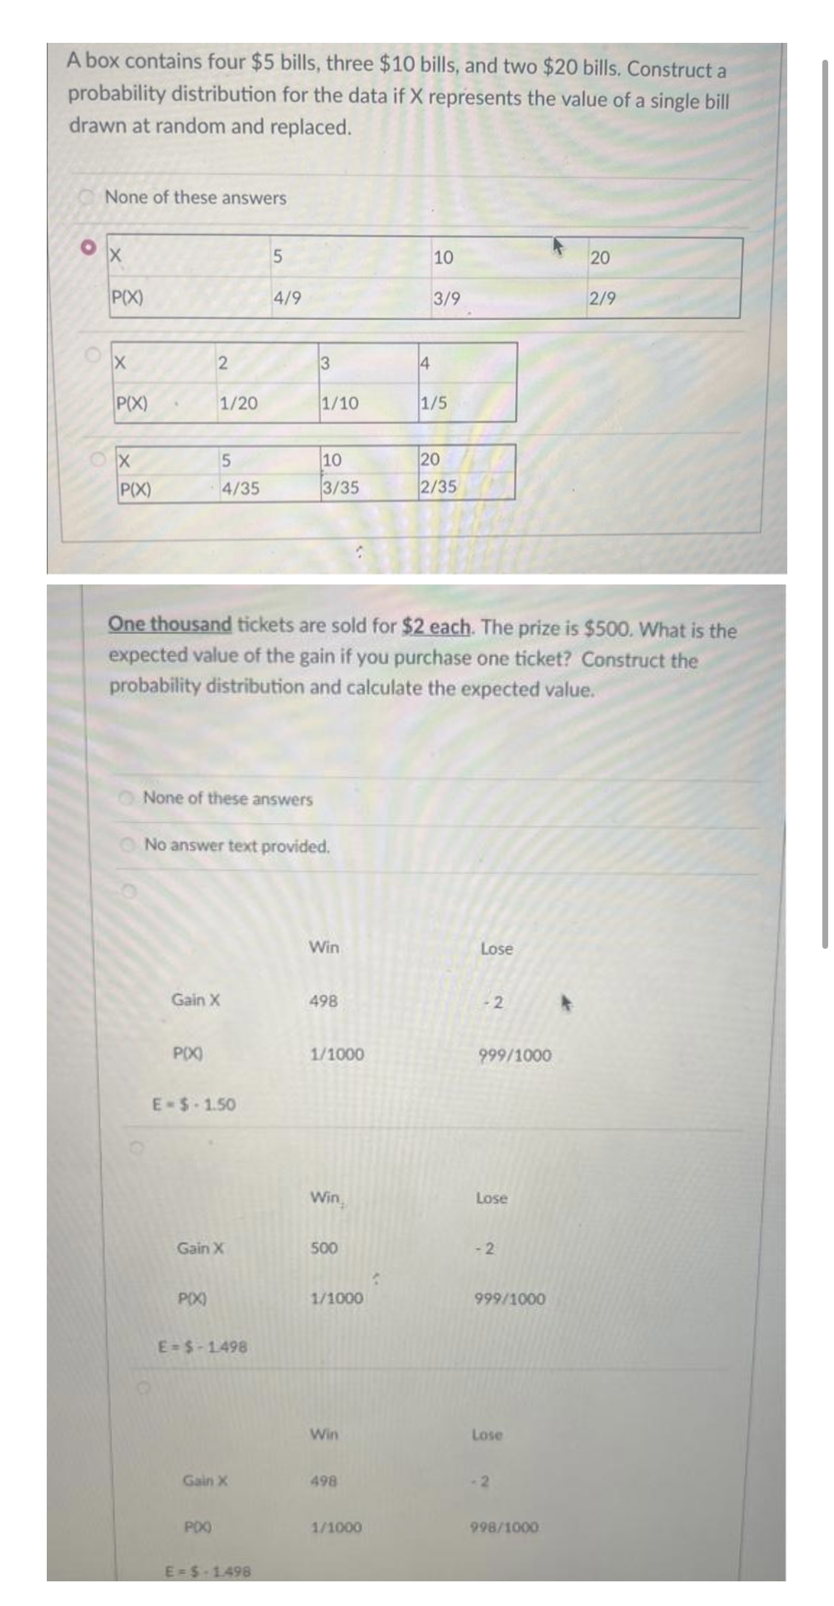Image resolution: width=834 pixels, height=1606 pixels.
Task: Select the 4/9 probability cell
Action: click(286, 297)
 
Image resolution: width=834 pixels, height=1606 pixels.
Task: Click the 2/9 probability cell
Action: click(602, 298)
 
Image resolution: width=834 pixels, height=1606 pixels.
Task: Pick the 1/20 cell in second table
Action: click(238, 403)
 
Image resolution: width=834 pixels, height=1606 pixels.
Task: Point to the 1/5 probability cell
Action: click(433, 403)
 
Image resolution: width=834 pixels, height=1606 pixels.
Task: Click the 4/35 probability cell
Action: click(240, 488)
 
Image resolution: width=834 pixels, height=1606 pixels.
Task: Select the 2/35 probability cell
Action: click(438, 486)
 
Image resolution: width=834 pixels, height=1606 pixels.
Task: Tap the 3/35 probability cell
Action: click(340, 487)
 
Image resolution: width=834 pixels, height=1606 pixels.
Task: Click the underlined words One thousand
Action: click(170, 624)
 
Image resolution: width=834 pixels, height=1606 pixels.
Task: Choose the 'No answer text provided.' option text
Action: click(237, 846)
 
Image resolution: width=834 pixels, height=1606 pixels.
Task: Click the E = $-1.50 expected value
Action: click(194, 1104)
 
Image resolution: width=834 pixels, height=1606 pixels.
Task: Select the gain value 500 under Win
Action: click(324, 1248)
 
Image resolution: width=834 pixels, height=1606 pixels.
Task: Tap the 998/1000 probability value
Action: click(504, 1527)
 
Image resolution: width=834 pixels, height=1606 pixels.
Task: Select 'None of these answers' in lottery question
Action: click(227, 798)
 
